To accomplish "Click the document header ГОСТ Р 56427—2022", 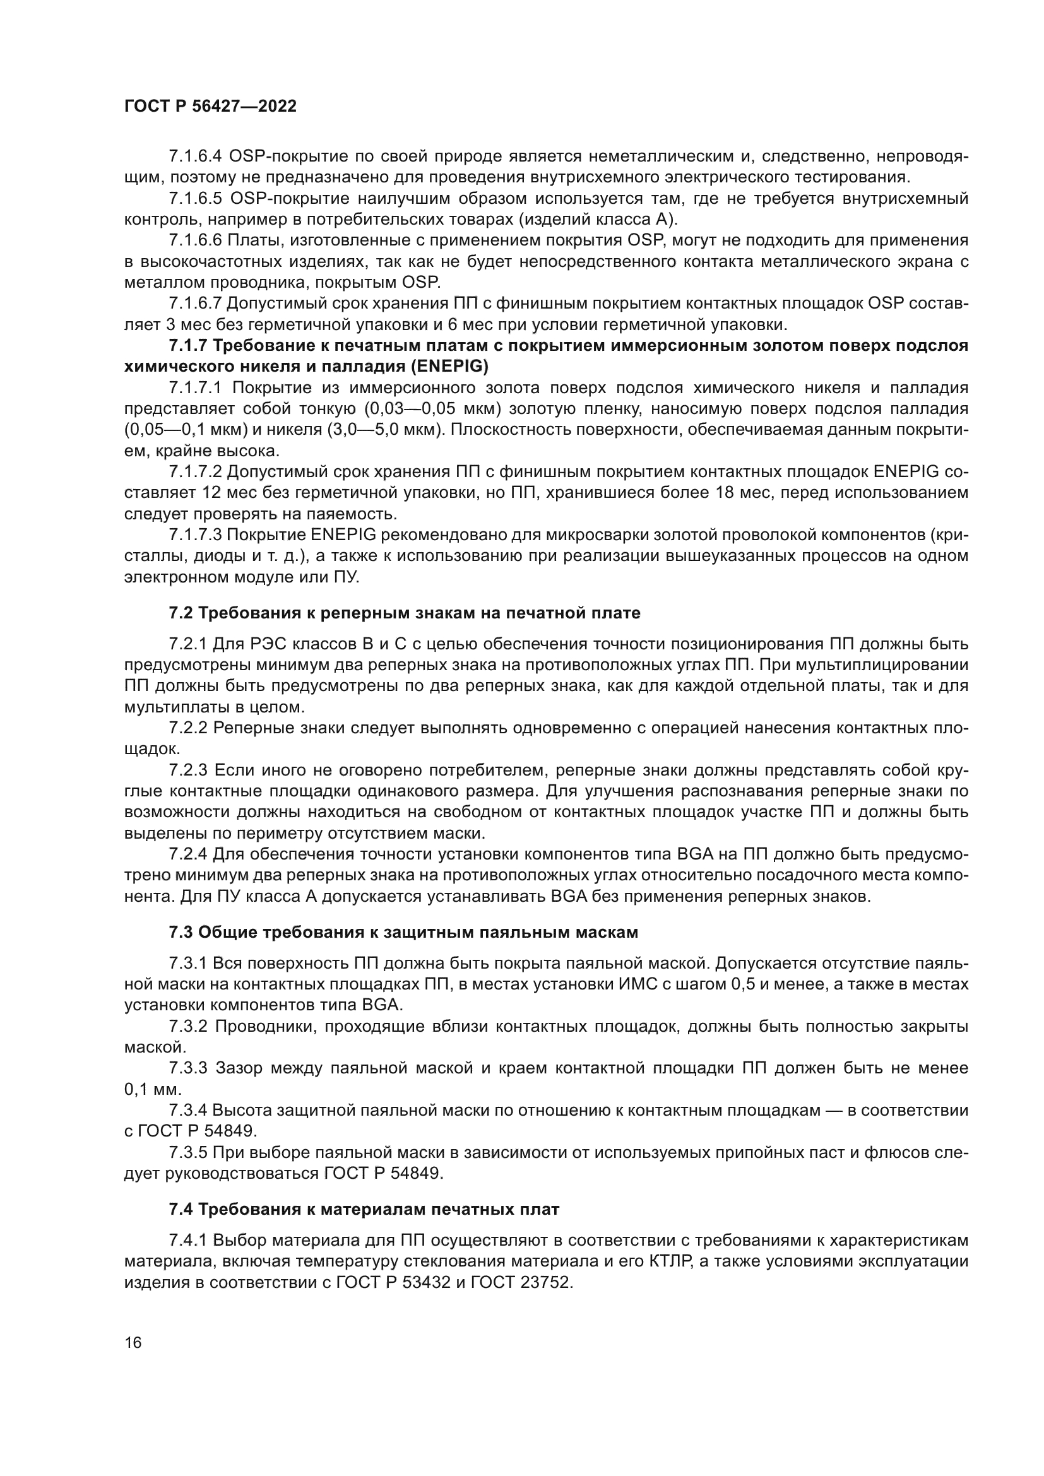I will [x=210, y=107].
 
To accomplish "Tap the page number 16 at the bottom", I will [x=133, y=1343].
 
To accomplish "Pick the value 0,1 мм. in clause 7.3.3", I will [x=153, y=1090].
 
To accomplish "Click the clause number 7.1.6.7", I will [x=196, y=304].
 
